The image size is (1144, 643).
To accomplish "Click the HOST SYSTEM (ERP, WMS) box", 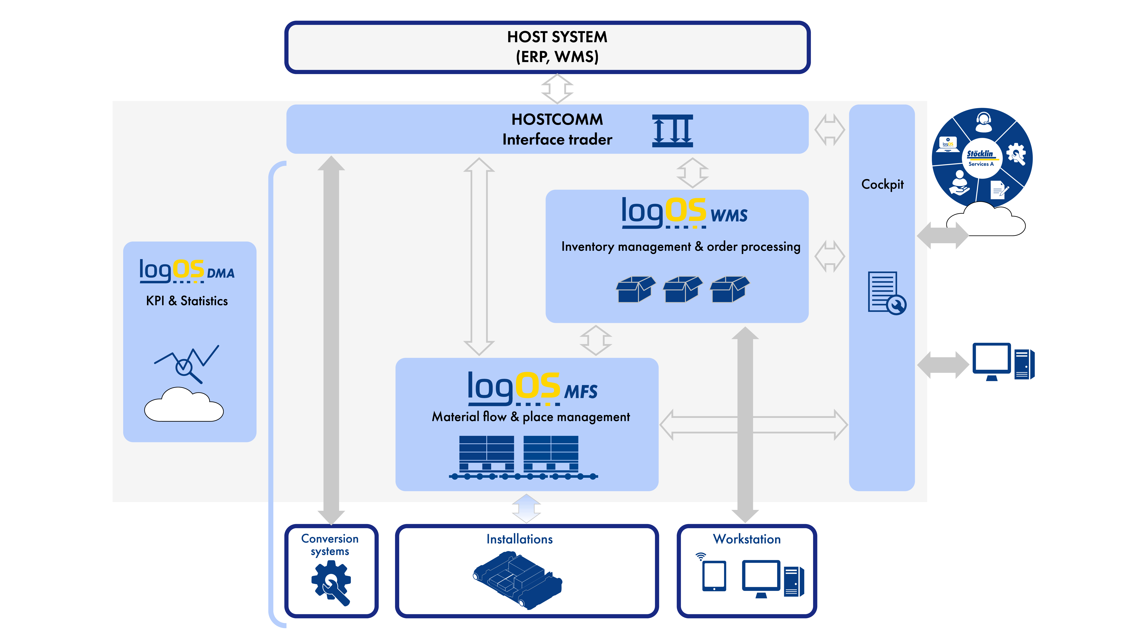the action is (x=547, y=47).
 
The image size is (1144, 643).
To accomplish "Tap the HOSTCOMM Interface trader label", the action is (x=557, y=129).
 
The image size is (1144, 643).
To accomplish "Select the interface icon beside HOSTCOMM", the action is (x=672, y=130).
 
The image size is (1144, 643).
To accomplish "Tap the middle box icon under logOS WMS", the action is (x=683, y=289).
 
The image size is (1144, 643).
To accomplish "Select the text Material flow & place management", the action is (x=531, y=417).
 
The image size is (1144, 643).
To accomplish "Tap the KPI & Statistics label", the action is (x=187, y=301).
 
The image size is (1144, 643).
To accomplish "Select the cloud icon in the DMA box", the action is (x=184, y=404).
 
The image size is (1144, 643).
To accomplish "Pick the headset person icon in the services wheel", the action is (x=984, y=122).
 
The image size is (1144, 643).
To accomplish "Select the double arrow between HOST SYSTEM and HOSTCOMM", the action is (x=557, y=89).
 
